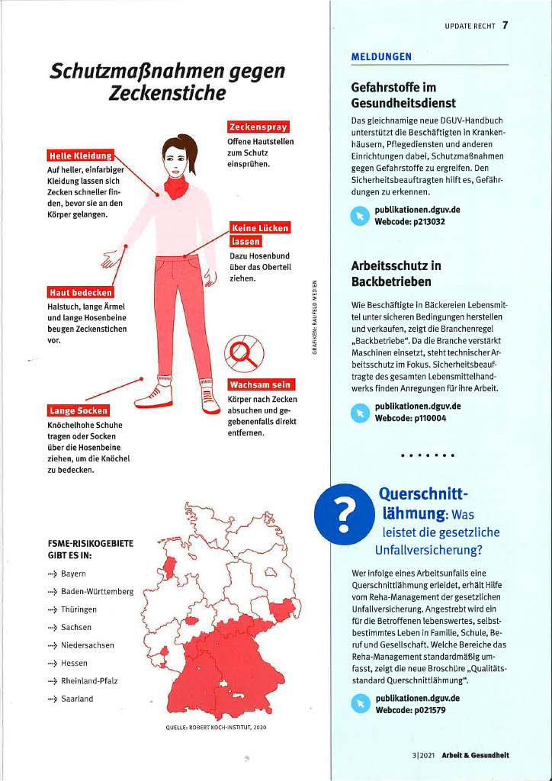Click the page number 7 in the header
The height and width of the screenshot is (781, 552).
505,25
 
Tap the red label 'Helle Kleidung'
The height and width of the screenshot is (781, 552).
79,156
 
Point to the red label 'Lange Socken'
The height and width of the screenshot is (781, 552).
79,411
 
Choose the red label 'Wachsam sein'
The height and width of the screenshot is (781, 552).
262,384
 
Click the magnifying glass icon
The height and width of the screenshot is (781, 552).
244,352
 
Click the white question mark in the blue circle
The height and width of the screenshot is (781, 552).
345,512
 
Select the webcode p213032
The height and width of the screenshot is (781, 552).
409,222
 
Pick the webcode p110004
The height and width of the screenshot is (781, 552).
409,418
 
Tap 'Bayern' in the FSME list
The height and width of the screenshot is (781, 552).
73,574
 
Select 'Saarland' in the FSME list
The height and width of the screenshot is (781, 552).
77,699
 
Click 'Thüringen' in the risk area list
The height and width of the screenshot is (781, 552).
79,609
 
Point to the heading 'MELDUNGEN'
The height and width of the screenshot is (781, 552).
381,57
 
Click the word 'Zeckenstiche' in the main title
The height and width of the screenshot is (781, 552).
167,94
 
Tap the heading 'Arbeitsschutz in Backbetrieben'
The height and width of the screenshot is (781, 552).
396,274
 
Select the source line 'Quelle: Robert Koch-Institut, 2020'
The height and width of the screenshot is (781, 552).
216,728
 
